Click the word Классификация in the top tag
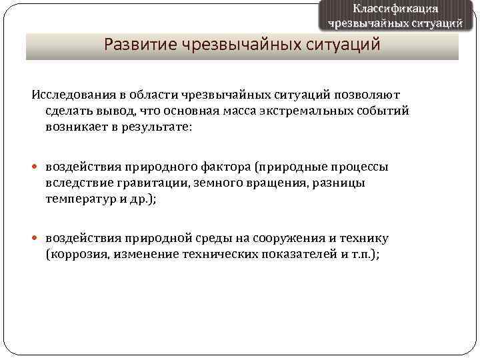pos(395,9)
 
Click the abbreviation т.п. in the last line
pos(364,253)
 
